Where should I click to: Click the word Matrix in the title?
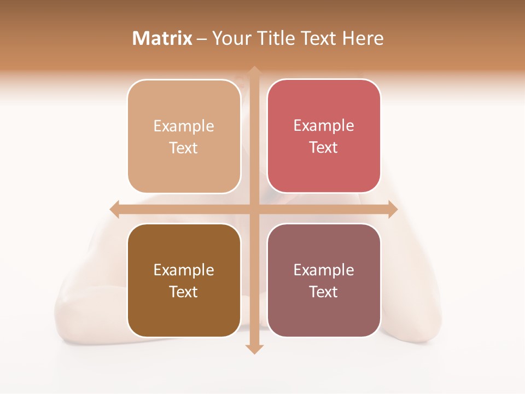pos(162,38)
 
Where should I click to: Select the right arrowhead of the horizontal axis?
pos(393,209)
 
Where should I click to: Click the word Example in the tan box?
pos(184,126)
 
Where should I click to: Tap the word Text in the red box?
pos(324,147)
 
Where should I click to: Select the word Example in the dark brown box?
pos(184,270)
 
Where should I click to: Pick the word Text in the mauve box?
pos(324,292)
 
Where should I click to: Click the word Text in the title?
pos(318,38)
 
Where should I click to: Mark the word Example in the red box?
pos(324,126)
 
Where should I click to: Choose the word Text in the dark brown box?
pos(184,292)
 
